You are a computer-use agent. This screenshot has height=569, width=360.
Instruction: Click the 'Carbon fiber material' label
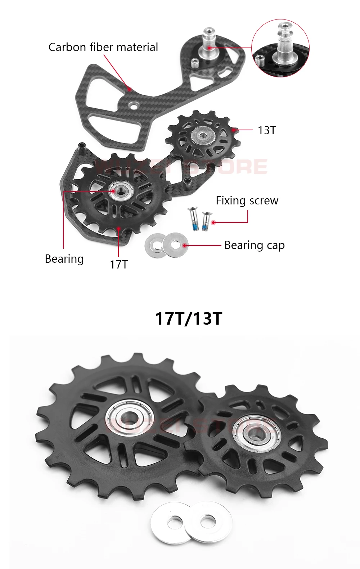103,47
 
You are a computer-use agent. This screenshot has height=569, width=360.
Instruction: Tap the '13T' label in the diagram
266,130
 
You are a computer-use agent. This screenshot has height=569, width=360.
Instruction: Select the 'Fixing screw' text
247,200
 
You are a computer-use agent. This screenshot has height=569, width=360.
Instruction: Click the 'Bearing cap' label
254,245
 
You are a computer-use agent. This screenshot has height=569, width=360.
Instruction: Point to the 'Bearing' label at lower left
64,259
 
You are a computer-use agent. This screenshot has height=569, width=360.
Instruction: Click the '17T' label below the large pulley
118,265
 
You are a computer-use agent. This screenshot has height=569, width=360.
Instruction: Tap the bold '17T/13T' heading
188,318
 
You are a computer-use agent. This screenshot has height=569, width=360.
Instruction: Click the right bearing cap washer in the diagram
175,245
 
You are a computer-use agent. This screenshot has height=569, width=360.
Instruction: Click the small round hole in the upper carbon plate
134,105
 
